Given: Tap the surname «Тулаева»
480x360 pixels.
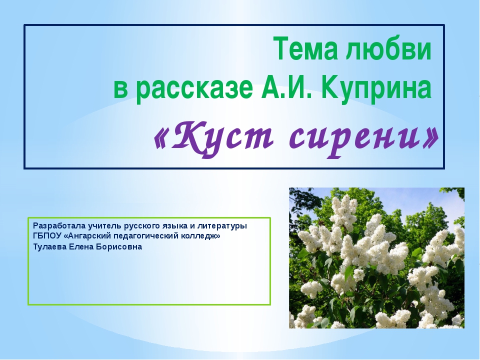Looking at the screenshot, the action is pyautogui.click(x=50, y=247).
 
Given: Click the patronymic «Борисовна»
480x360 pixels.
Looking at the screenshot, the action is pyautogui.click(x=119, y=246).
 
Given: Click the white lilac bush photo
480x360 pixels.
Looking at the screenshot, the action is pyautogui.click(x=376, y=258).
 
